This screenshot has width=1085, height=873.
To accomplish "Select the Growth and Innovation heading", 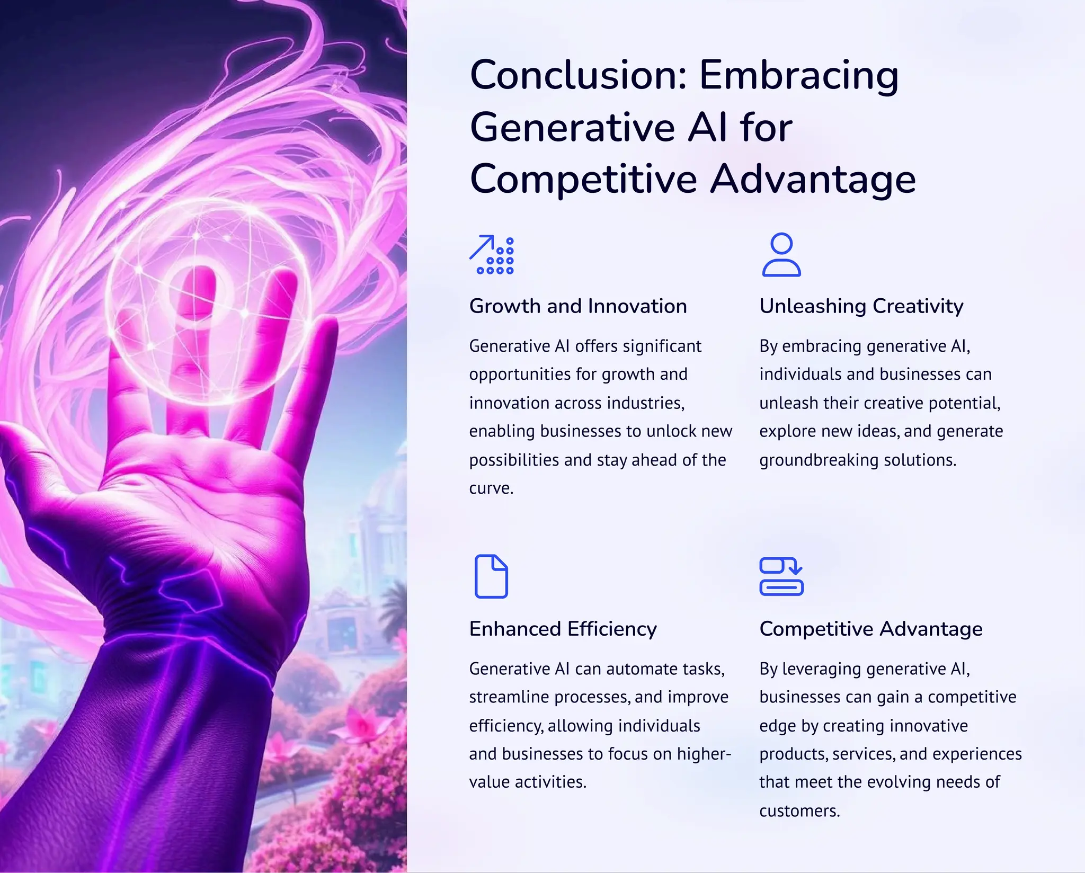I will [x=577, y=306].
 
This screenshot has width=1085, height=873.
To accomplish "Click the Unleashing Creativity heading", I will [x=861, y=306].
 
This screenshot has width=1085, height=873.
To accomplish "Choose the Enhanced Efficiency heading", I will [x=563, y=629].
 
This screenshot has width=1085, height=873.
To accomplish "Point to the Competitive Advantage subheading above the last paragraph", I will [x=870, y=629].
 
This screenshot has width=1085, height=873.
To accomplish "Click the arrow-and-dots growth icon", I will [x=491, y=255].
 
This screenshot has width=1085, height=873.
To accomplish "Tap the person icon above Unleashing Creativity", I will [x=781, y=255].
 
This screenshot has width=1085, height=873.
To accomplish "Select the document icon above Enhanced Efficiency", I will [x=491, y=576].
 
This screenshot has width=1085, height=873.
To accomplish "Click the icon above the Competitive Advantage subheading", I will [x=781, y=576].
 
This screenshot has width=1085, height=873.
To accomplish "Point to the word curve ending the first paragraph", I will [x=491, y=488].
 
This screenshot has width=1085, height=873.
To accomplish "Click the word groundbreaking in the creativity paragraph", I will [x=810, y=460].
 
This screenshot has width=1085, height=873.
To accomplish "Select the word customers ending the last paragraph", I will [x=799, y=811].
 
